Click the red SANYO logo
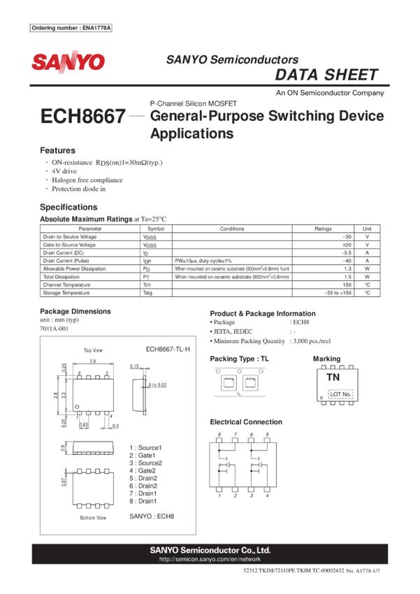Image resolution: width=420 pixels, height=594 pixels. [x=68, y=62]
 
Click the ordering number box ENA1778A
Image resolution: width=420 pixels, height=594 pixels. [x=71, y=28]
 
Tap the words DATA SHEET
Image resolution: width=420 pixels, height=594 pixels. [x=326, y=75]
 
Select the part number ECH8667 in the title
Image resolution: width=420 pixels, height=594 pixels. [x=83, y=116]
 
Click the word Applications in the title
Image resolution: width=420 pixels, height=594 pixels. [x=191, y=133]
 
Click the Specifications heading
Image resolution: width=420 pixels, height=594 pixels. [x=68, y=207]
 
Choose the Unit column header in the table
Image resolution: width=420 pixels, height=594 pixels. [x=367, y=229]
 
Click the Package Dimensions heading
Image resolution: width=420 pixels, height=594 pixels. [x=75, y=311]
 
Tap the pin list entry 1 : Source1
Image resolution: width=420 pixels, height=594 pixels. [x=145, y=447]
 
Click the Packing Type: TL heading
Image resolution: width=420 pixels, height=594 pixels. [x=238, y=358]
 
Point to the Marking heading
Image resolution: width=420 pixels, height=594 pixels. [x=327, y=358]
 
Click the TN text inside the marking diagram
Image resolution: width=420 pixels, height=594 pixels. [x=333, y=377]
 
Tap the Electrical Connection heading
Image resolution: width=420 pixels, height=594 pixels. [x=246, y=422]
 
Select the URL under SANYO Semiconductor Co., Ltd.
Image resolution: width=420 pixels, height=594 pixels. [x=210, y=559]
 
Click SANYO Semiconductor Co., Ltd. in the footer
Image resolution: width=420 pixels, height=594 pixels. [x=210, y=550]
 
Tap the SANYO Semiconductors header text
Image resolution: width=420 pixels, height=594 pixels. [x=232, y=60]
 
